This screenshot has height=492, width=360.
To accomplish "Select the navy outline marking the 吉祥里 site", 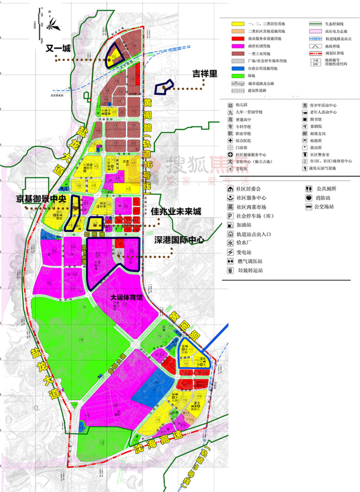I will click(164, 88).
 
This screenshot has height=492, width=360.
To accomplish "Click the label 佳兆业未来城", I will click(176, 211).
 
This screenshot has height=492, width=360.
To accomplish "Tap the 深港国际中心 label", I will click(180, 240).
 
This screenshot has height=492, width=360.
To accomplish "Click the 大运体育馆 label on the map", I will click(126, 297).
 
